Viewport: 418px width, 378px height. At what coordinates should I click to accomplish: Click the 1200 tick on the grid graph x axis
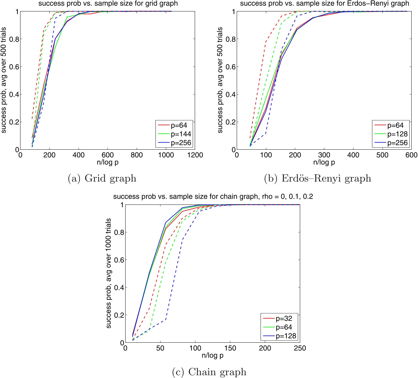point(195,155)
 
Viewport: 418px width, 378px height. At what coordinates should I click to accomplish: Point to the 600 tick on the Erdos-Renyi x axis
point(411,155)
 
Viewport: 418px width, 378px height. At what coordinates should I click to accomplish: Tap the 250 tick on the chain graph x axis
point(299,348)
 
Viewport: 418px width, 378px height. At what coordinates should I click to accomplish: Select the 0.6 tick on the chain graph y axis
point(119,260)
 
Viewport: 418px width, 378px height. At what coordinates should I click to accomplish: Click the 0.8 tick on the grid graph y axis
point(14,39)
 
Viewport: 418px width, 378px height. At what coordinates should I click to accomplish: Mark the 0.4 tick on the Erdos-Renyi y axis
point(230,94)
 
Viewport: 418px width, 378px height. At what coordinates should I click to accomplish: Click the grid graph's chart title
point(108,4)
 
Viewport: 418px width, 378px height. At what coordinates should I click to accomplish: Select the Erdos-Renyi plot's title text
point(324,4)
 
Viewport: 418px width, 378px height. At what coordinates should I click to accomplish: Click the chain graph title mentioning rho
point(213,197)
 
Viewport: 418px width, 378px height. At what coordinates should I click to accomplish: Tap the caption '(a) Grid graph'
point(102,178)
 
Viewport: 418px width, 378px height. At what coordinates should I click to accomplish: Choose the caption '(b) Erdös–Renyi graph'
point(318,178)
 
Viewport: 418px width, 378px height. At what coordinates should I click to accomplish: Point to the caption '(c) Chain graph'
point(209,372)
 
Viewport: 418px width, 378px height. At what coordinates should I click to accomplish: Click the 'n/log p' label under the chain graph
point(212,355)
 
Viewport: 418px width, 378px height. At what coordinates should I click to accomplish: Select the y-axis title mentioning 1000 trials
point(108,273)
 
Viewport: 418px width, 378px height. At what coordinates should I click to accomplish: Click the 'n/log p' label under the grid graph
point(107,162)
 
